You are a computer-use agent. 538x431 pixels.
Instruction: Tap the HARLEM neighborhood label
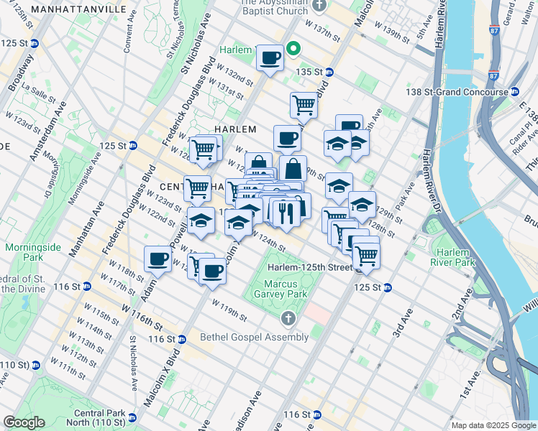point(235,129)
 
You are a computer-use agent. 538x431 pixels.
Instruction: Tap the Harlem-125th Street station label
point(309,268)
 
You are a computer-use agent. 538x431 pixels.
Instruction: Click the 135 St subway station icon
point(329,72)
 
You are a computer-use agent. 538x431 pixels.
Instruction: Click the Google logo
point(24,422)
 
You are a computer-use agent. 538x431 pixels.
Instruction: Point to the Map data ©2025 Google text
point(492,425)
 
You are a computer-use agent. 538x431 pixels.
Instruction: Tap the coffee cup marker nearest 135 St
point(270,57)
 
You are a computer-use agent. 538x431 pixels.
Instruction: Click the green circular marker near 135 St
point(293,50)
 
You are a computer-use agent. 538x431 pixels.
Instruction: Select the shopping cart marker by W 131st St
point(304,105)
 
